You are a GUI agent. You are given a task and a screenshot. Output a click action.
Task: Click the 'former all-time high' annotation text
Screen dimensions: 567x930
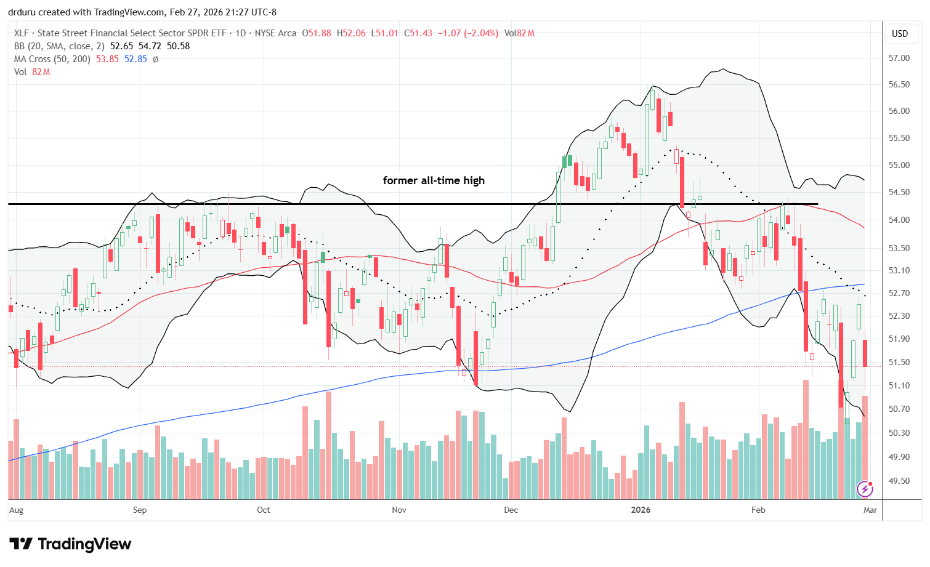434,180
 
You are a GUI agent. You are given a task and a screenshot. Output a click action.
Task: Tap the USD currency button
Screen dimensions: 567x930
900,34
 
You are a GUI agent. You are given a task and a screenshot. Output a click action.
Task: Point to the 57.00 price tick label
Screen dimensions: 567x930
899,58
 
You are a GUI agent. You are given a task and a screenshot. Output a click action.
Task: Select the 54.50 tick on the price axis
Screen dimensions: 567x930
899,192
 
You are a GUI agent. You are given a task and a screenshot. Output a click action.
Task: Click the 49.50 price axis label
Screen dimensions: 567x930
899,481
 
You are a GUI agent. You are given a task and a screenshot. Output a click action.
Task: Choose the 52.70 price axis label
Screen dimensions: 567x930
899,293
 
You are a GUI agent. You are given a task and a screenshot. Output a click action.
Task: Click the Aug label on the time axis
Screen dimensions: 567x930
17,510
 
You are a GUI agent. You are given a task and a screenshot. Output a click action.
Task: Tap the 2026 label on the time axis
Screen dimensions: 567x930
641,510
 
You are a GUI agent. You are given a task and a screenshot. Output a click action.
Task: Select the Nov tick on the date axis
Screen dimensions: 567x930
399,510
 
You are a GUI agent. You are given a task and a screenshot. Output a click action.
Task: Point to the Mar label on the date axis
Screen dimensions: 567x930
870,510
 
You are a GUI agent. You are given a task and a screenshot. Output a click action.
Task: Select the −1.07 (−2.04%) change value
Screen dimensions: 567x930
468,33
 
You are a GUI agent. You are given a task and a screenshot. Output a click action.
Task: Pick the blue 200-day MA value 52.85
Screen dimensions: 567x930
135,59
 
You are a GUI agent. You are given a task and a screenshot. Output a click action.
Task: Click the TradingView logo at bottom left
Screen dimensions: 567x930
70,544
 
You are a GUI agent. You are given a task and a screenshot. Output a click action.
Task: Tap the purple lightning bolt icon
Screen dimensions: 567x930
865,489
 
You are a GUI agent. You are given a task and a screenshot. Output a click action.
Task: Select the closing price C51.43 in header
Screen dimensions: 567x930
418,33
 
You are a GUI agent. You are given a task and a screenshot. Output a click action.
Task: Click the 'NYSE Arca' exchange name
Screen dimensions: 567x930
277,33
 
